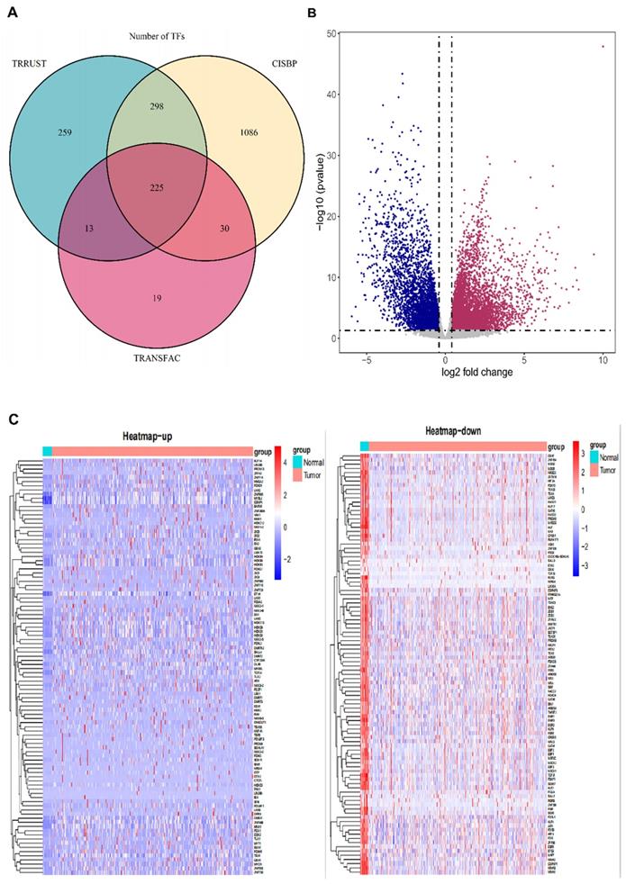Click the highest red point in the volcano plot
[x=603, y=47]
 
